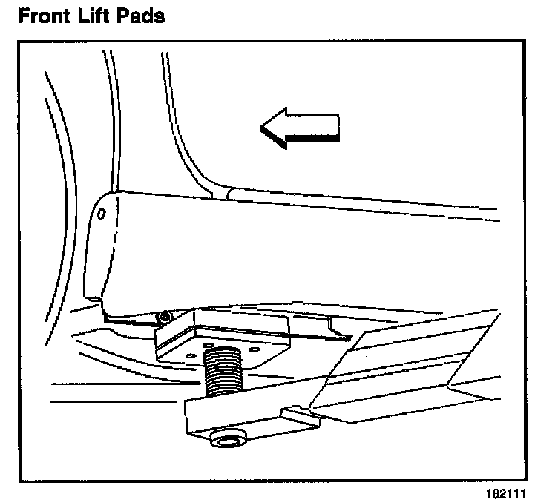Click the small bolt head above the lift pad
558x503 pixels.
pyautogui.click(x=165, y=318)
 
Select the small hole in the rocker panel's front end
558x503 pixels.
pyautogui.click(x=102, y=214)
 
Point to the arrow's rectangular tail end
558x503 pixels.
pyautogui.click(x=326, y=128)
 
